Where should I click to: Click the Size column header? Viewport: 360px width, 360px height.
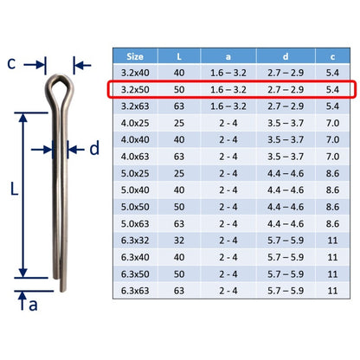point(135,56)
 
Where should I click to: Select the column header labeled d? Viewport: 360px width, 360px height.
point(286,56)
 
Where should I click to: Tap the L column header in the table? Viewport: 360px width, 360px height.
point(179,56)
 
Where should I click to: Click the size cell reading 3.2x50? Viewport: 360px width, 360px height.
point(135,89)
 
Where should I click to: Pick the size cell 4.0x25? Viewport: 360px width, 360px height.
point(135,123)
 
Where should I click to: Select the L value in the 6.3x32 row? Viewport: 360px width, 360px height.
point(179,241)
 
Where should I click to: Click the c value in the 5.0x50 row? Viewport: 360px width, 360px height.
point(332,207)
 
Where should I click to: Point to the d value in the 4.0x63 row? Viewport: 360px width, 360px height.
point(286,157)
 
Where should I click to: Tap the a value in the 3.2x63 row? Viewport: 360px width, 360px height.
point(228,106)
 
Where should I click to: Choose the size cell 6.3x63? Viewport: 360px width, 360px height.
point(135,291)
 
